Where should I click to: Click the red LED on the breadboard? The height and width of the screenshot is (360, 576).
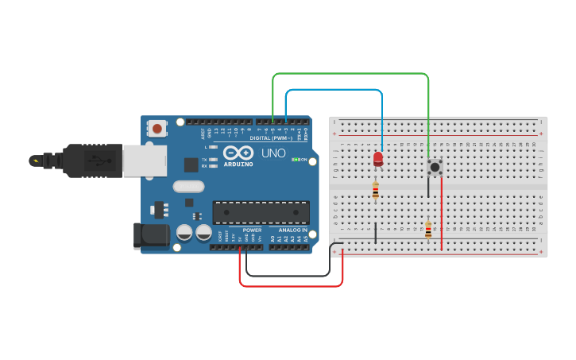[x=377, y=159]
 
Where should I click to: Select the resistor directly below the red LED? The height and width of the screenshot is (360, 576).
[x=376, y=190]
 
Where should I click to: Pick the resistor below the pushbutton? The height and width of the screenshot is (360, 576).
[x=428, y=230]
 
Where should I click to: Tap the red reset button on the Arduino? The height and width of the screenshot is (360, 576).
[x=157, y=128]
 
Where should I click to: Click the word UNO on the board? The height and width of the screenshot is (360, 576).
[x=273, y=153]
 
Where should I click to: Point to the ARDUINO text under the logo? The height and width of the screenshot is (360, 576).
[x=238, y=165]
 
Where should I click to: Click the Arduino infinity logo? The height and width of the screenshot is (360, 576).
[x=238, y=153]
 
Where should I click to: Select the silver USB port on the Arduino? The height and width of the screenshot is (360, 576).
[x=145, y=161]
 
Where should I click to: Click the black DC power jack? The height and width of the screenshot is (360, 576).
[x=152, y=234]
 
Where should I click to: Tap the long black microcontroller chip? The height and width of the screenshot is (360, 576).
[x=261, y=212]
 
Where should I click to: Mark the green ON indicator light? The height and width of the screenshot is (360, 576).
[x=296, y=160]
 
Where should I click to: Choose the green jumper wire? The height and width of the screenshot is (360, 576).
[x=350, y=74]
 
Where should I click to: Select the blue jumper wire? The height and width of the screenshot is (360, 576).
[x=334, y=90]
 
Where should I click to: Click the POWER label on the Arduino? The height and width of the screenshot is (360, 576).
[x=252, y=230]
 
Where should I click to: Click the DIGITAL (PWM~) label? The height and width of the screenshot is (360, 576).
[x=270, y=138]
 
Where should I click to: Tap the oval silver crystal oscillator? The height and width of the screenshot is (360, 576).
[x=188, y=188]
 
